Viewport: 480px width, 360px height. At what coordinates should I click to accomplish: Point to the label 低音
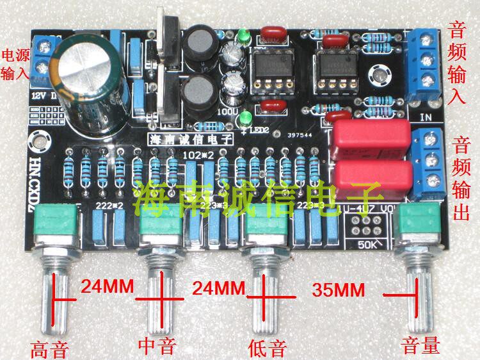tap(264, 347)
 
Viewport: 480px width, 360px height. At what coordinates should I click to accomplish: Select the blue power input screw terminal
tap(44, 56)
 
